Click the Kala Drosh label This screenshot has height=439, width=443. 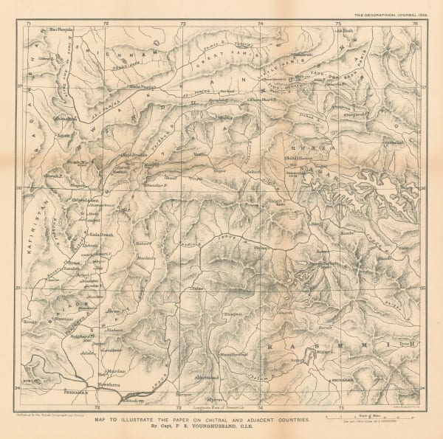pyautogui.click(x=95, y=232)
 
